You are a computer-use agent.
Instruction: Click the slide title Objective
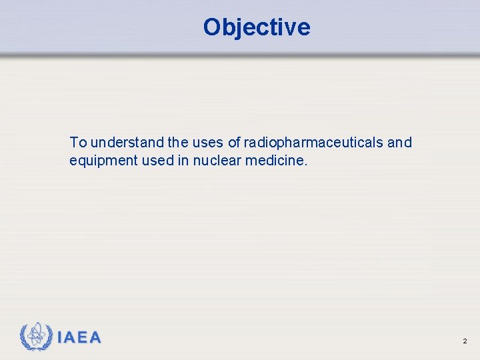click(257, 27)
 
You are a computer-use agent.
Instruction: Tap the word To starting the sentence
click(78, 142)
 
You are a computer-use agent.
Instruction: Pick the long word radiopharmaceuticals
click(313, 143)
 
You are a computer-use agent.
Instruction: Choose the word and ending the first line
click(400, 142)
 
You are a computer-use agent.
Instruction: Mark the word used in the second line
click(153, 161)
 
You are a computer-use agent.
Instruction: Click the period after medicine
click(307, 165)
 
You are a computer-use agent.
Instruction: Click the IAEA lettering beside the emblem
click(79, 338)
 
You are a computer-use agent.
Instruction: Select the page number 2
click(465, 341)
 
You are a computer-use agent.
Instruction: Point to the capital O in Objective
click(213, 27)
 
